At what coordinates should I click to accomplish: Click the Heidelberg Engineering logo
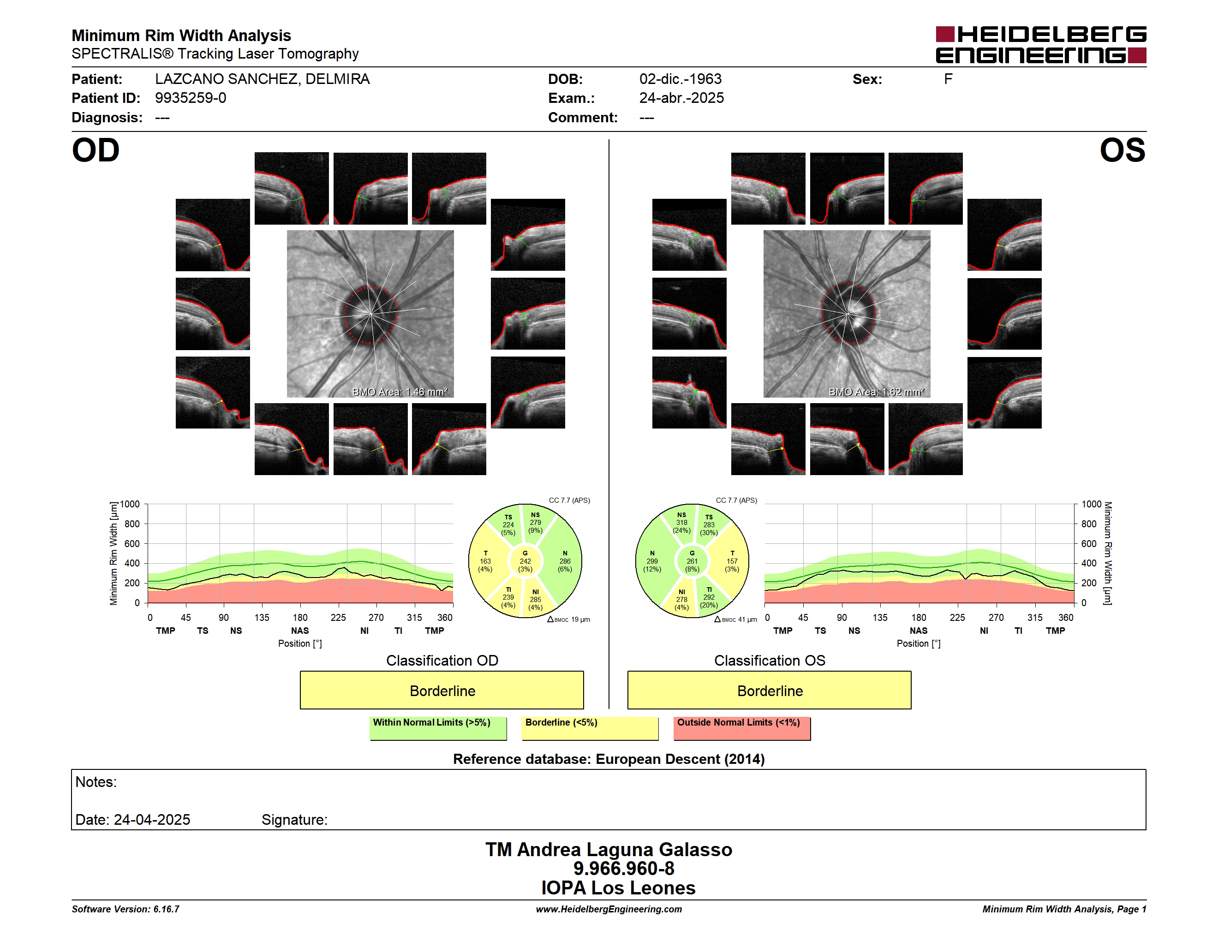tap(1041, 45)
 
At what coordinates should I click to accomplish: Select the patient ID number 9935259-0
tap(191, 98)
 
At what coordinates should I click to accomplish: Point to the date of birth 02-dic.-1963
tap(681, 79)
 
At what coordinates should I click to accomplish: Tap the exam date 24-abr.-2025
tap(681, 98)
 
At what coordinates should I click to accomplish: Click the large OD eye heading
tap(96, 150)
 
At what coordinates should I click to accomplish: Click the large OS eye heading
tap(1122, 150)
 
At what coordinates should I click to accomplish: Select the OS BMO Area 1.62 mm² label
tap(876, 392)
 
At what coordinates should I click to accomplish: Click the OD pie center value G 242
tap(525, 561)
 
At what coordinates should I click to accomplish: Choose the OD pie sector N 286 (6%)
tap(565, 561)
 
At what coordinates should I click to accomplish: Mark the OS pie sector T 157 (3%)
tap(732, 561)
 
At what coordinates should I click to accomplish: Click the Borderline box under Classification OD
tap(442, 690)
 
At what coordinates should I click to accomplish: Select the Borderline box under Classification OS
tap(770, 690)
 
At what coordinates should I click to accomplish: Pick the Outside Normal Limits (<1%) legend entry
tap(742, 728)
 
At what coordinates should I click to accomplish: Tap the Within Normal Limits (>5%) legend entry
tap(438, 728)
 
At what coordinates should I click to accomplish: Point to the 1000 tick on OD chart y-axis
tap(130, 504)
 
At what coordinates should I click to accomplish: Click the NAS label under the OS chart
tap(919, 631)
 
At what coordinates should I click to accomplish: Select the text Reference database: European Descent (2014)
tap(609, 759)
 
